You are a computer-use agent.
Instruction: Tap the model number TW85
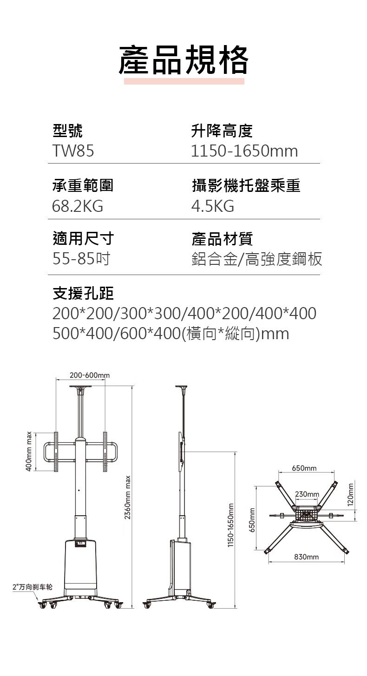[73, 151]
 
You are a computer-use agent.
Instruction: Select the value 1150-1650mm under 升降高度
[244, 151]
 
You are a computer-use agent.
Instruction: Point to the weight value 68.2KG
[78, 206]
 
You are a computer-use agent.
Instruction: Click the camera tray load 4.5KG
[213, 206]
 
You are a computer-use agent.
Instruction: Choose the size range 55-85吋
[81, 259]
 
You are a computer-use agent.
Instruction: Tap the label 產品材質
[222, 239]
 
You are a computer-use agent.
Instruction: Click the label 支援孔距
[83, 293]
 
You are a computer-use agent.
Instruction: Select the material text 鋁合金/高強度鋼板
[257, 259]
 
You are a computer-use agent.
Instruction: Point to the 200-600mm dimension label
[90, 375]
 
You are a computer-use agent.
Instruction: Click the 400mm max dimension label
[29, 451]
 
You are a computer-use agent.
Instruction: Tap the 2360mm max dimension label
[128, 497]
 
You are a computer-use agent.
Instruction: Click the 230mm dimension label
[307, 494]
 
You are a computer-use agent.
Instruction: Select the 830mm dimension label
[306, 557]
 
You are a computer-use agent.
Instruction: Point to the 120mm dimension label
[350, 495]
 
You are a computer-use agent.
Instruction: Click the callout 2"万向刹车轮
[33, 587]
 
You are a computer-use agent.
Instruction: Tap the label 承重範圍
[83, 185]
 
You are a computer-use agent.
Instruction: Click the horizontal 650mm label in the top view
[304, 468]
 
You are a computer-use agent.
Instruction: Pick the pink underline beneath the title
[184, 81]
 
